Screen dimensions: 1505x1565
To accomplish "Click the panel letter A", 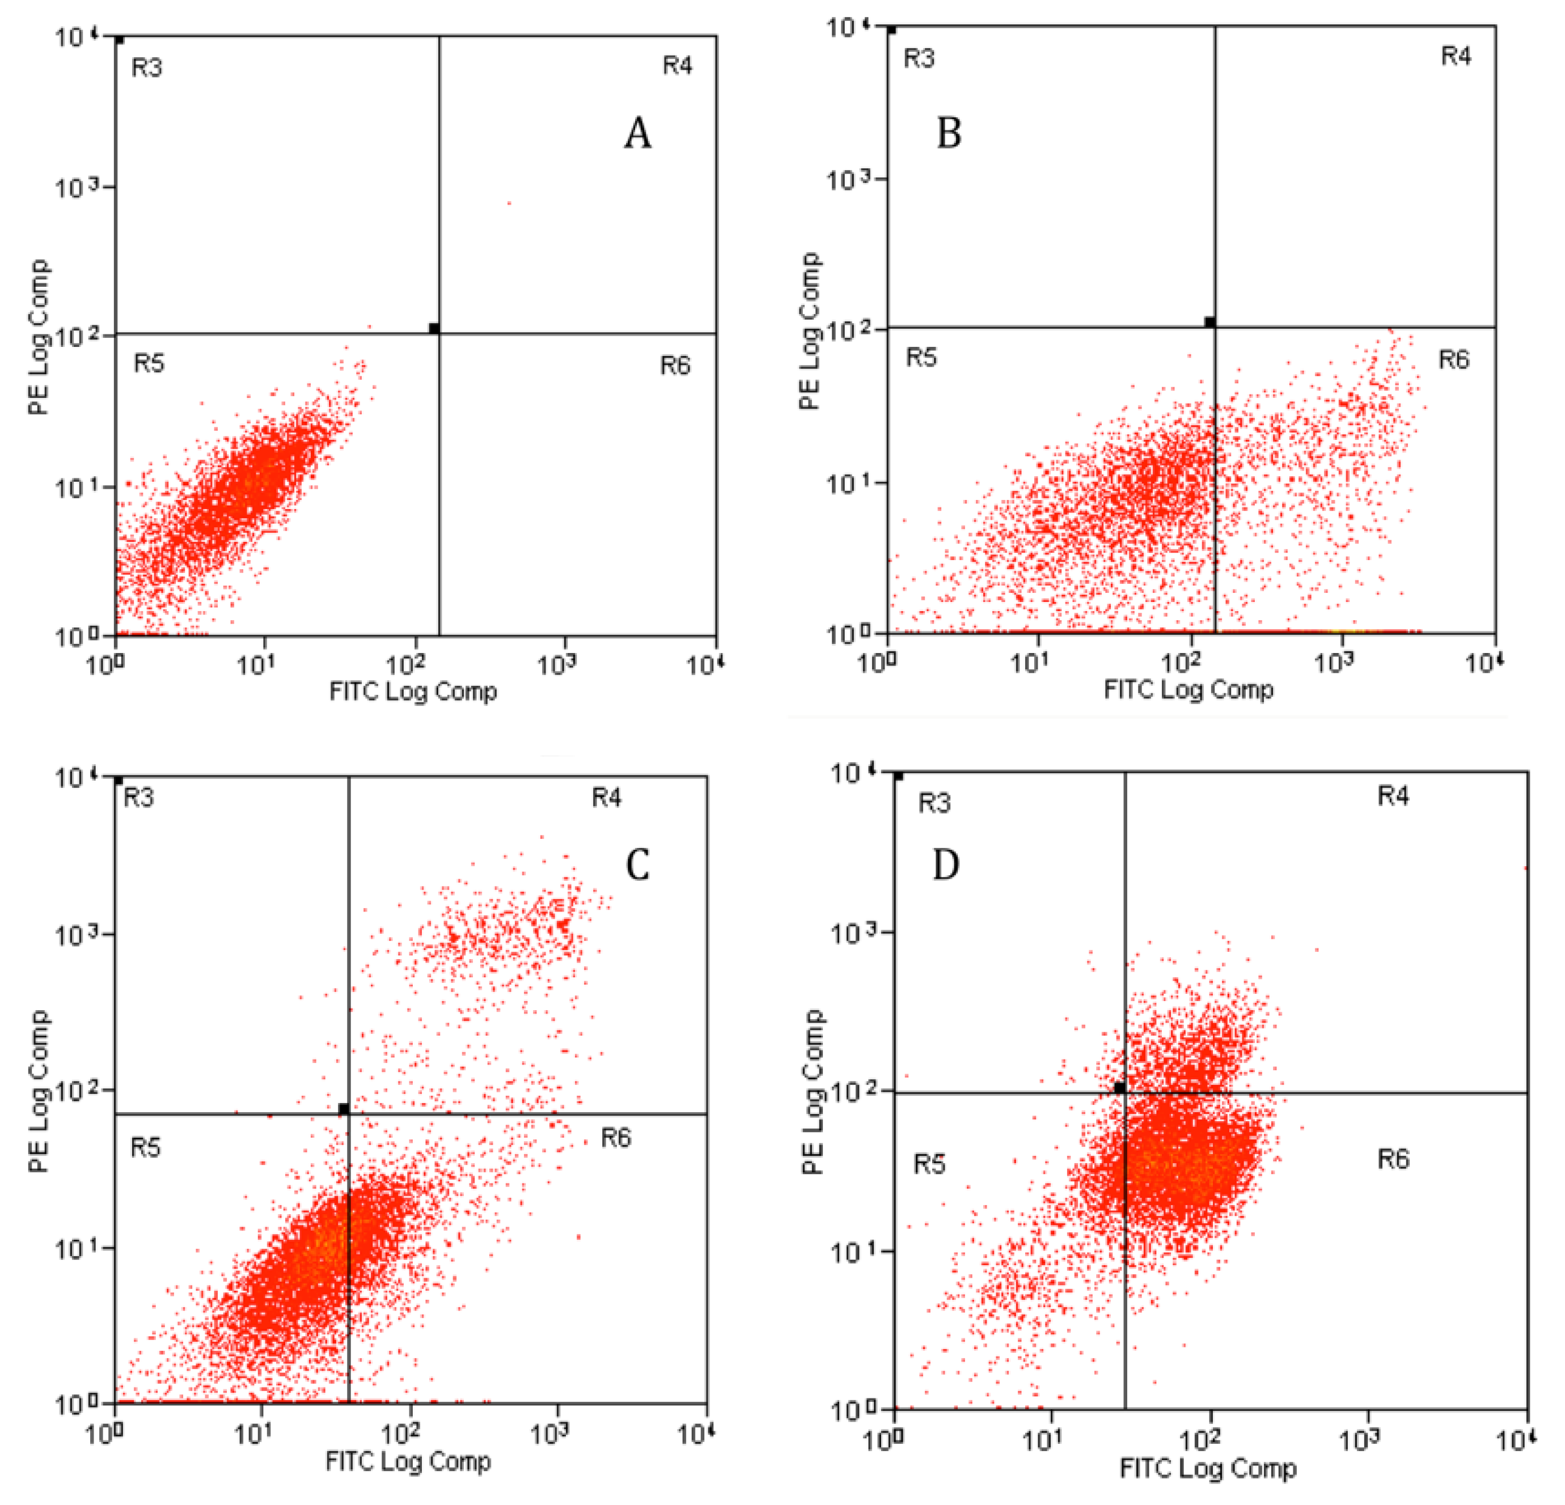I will tap(637, 133).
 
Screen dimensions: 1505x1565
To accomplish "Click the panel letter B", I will tap(949, 133).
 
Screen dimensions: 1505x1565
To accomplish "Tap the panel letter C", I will tap(637, 864).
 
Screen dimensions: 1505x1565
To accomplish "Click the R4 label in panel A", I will tap(677, 65).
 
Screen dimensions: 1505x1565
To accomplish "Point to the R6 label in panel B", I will tap(1453, 360).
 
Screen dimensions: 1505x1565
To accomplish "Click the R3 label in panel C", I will tap(139, 798).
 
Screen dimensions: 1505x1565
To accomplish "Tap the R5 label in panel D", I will tap(929, 1165).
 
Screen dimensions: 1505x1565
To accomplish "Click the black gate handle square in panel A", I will tap(434, 328).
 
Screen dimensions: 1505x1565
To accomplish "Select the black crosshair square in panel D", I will tap(1119, 1087).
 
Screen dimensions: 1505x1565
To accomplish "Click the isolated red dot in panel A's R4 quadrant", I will tap(509, 204).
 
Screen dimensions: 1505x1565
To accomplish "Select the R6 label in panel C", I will tap(616, 1138).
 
